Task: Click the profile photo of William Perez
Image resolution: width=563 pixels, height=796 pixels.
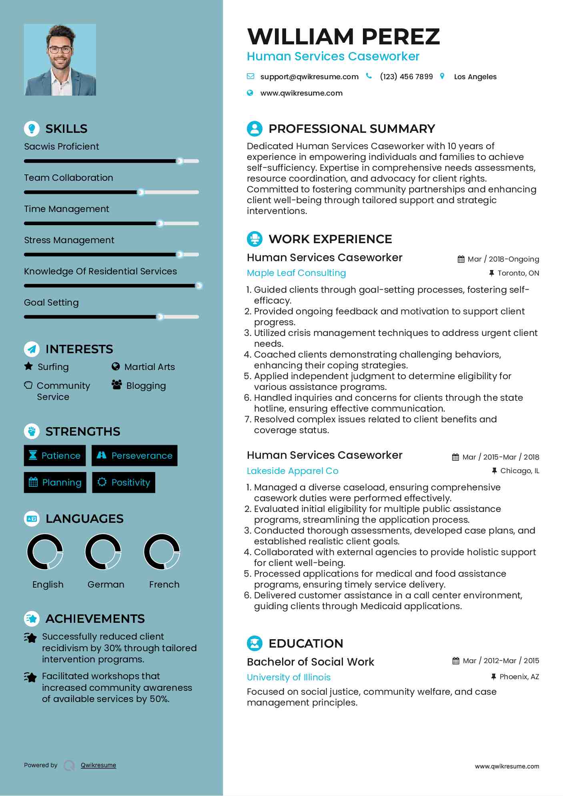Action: click(x=60, y=60)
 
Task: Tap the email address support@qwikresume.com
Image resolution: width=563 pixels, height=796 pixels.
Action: click(x=309, y=77)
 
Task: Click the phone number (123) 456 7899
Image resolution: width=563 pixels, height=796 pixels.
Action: click(x=406, y=77)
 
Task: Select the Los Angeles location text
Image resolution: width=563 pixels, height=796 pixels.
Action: click(x=475, y=77)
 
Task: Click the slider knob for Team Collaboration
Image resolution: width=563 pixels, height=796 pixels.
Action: click(x=140, y=192)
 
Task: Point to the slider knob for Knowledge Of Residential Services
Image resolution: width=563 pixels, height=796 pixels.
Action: click(x=198, y=286)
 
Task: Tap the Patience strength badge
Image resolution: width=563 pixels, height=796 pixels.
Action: click(x=55, y=456)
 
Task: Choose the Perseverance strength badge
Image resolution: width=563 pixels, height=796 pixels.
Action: click(x=134, y=456)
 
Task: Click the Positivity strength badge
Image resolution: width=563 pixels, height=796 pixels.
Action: click(x=124, y=482)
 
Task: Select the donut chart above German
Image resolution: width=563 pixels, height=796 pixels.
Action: click(x=103, y=552)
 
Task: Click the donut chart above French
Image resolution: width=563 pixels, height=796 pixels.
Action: click(x=162, y=552)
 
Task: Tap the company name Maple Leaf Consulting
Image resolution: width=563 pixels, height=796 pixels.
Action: click(x=296, y=273)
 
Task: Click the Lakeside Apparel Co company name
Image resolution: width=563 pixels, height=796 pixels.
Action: click(x=293, y=471)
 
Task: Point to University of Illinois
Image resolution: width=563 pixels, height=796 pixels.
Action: click(x=289, y=677)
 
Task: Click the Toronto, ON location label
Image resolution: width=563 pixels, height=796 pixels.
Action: click(x=518, y=273)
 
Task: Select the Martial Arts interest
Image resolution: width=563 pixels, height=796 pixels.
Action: click(x=149, y=367)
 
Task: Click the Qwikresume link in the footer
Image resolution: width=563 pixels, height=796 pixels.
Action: click(x=98, y=765)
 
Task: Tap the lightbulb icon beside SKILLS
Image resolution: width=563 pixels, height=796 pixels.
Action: click(x=32, y=128)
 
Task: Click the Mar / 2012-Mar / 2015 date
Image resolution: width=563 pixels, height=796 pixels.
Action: click(x=501, y=661)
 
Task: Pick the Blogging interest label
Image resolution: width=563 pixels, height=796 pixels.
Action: click(x=146, y=386)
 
